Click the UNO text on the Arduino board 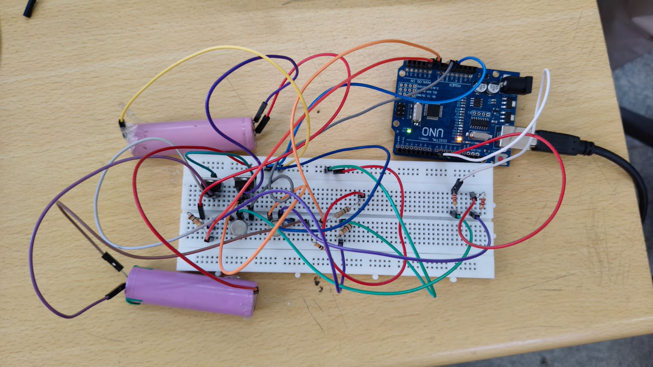(x=431, y=132)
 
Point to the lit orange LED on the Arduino (x=459, y=139)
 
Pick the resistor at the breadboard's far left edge (x=195, y=221)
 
